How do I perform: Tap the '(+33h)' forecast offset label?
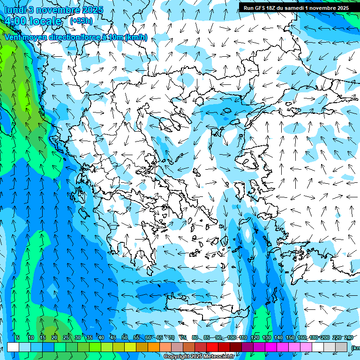[x=81, y=21]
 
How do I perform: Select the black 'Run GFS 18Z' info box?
[x=296, y=7]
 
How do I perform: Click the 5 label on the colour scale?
[x=18, y=337]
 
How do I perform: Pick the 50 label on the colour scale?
[x=125, y=337]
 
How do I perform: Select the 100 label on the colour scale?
[x=232, y=337]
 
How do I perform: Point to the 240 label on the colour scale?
[x=349, y=337]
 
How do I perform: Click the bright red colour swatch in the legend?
[x=212, y=347]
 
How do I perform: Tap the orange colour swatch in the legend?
[x=154, y=347]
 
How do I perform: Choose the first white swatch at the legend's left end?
[x=13, y=347]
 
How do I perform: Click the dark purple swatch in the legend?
[x=247, y=347]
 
